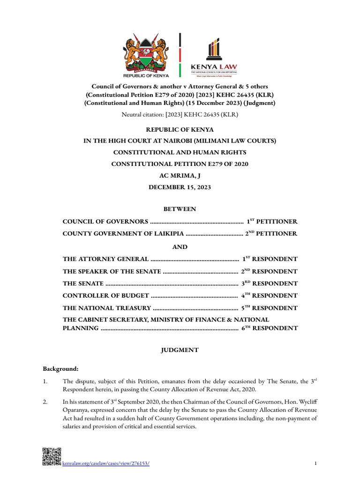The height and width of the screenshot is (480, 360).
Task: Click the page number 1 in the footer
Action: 316,464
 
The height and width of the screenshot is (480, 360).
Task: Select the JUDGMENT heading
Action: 180,350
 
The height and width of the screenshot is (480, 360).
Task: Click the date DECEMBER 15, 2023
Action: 180,187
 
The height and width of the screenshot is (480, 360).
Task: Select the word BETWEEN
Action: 180,209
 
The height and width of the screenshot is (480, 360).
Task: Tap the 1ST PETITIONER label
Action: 272,221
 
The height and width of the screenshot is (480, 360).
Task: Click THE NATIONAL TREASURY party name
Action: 107,308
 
